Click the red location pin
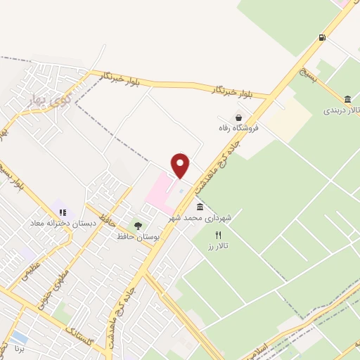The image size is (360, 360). pyautogui.click(x=181, y=166)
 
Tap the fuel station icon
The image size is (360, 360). pyautogui.click(x=322, y=37)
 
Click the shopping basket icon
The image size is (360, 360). pyautogui.click(x=239, y=118)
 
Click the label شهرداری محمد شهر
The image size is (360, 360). pyautogui.click(x=199, y=219)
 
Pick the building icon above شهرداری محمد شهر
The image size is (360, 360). pyautogui.click(x=200, y=207)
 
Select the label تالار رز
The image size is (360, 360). pyautogui.click(x=218, y=247)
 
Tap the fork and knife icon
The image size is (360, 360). pyautogui.click(x=218, y=236)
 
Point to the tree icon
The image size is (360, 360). pyautogui.click(x=138, y=226)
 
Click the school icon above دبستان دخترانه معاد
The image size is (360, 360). pyautogui.click(x=62, y=212)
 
